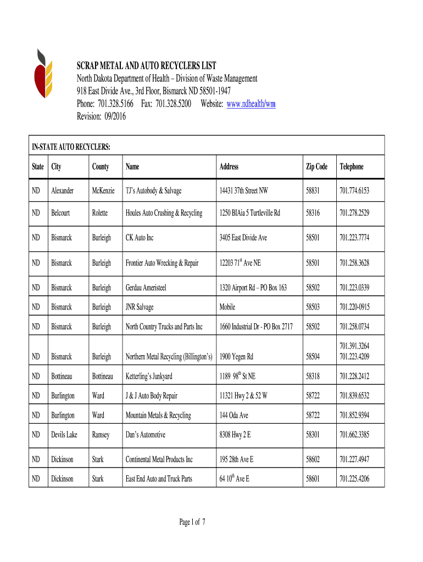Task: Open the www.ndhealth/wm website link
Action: coord(251,104)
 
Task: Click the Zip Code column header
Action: coord(316,167)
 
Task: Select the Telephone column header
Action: coord(352,167)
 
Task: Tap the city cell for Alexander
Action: coord(63,191)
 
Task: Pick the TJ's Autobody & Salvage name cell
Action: coord(153,191)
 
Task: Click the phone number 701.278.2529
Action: coord(354,213)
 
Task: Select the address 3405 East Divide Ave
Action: coord(243,238)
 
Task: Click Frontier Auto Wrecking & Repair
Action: coord(162,263)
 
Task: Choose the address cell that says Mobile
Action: coord(227,307)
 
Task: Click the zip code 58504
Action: coord(313,357)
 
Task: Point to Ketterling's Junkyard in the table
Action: coord(149,376)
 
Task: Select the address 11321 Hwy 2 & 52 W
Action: coord(243,396)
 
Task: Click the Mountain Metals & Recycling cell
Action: coord(158,415)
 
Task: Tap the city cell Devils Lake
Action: coord(65,435)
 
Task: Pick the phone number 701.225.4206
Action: coord(354,479)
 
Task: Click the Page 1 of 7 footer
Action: coord(192,522)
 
